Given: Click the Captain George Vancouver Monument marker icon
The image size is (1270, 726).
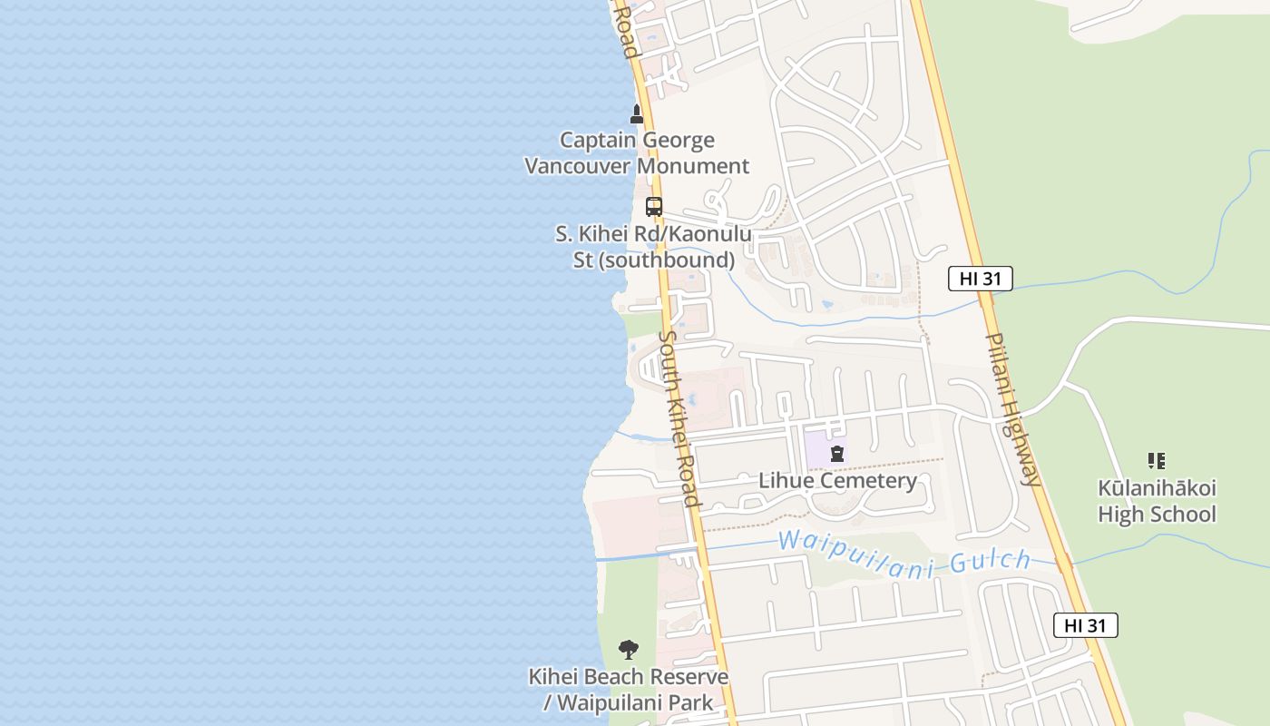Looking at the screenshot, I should click(x=637, y=114).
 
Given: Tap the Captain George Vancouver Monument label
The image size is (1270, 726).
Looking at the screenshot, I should click(x=637, y=153).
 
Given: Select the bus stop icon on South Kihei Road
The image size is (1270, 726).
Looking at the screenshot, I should click(x=654, y=207).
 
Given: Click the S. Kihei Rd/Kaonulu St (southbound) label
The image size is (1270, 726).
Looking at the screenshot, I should click(x=653, y=247).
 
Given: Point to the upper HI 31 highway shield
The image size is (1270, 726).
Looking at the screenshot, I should click(x=980, y=279).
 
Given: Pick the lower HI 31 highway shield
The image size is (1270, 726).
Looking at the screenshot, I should click(x=1085, y=625).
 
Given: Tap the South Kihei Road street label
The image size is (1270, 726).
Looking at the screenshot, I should click(x=679, y=418).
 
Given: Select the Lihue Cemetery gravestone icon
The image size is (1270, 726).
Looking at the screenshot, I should click(x=837, y=454).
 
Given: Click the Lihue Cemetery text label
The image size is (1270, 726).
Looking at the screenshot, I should click(x=837, y=480).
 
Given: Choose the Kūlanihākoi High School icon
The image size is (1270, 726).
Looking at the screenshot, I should click(x=1156, y=461).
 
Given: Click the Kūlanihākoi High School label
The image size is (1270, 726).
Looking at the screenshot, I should click(x=1157, y=501).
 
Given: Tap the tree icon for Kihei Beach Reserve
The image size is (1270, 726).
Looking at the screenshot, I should click(x=628, y=650).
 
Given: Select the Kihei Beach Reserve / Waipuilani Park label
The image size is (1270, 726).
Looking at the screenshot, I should click(x=629, y=690).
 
